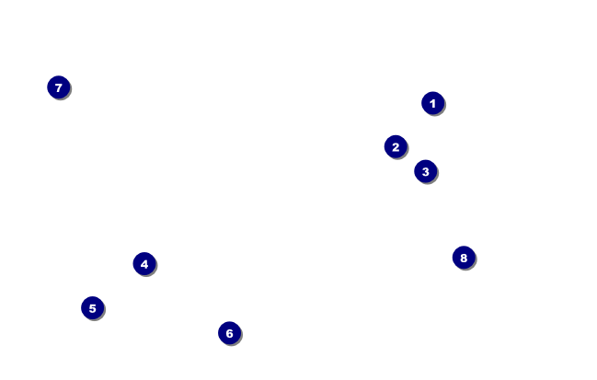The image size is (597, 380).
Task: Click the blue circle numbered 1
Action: click(x=432, y=103)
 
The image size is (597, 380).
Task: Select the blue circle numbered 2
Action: click(x=396, y=146)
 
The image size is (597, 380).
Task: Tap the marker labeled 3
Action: click(x=425, y=171)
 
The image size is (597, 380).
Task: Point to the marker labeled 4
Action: click(x=144, y=264)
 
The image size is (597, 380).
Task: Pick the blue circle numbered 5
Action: click(x=92, y=308)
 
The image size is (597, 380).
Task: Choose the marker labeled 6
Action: click(x=229, y=333)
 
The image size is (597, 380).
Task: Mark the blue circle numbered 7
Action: click(x=58, y=87)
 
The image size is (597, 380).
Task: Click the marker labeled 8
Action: click(x=464, y=258)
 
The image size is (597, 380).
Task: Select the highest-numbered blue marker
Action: click(x=464, y=258)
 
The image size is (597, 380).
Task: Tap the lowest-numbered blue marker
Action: click(x=432, y=103)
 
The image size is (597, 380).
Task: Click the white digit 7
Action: click(x=58, y=87)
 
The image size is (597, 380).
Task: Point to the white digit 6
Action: click(x=229, y=333)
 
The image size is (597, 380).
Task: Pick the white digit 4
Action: click(x=144, y=264)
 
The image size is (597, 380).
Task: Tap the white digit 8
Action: click(x=464, y=258)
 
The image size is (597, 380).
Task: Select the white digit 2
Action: click(x=396, y=146)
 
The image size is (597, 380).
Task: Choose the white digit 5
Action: click(x=92, y=308)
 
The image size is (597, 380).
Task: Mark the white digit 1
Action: click(x=432, y=103)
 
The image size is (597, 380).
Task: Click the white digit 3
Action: click(x=425, y=171)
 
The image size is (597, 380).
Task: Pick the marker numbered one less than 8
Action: click(x=58, y=87)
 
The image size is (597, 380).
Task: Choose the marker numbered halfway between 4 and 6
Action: click(x=92, y=308)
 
